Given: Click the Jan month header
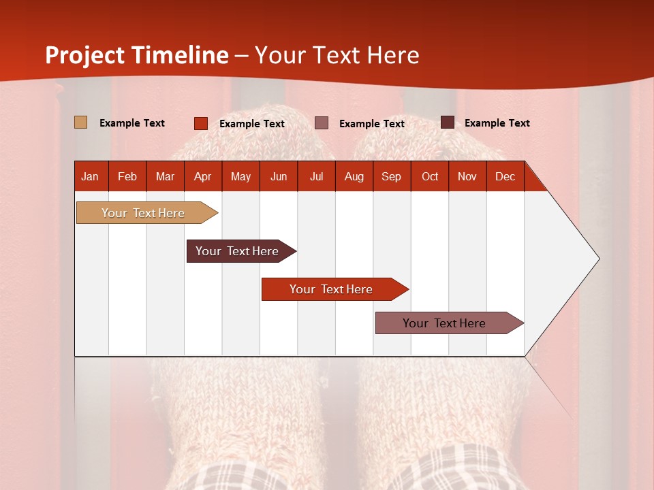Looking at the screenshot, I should pyautogui.click(x=90, y=177).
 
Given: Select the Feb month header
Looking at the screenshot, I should pyautogui.click(x=127, y=177).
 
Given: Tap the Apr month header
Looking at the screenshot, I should pyautogui.click(x=202, y=177).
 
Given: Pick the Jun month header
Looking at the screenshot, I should pyautogui.click(x=279, y=177).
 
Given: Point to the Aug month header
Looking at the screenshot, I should pyautogui.click(x=354, y=177).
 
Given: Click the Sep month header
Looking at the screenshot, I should pyautogui.click(x=391, y=177).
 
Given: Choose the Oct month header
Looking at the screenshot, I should pyautogui.click(x=430, y=177).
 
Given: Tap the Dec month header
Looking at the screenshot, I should pyautogui.click(x=505, y=177).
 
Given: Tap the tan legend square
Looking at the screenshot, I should pyautogui.click(x=80, y=122).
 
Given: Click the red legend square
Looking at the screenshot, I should pyautogui.click(x=201, y=123).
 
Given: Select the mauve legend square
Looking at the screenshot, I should pyautogui.click(x=322, y=123).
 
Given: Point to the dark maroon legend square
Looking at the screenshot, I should pyautogui.click(x=448, y=122).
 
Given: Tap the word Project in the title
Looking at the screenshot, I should pyautogui.click(x=85, y=55).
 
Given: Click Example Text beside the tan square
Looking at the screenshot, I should pyautogui.click(x=132, y=123).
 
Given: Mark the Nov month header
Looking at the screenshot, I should pyautogui.click(x=467, y=177).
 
